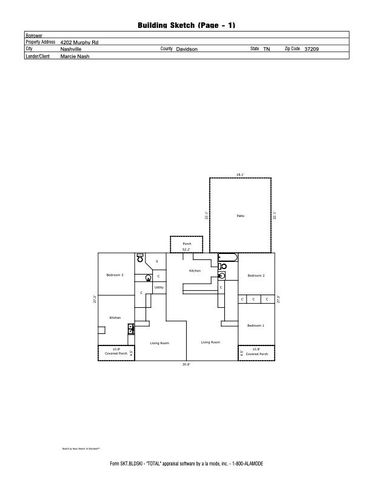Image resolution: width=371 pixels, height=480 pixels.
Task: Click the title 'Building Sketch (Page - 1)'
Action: pos(185,22)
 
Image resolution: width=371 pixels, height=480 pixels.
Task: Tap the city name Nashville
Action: pos(71,48)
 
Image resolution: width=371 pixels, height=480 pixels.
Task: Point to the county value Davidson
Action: pos(187,48)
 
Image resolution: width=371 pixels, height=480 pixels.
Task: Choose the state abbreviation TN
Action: pos(267,48)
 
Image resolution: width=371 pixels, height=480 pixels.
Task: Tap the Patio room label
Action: pos(240,215)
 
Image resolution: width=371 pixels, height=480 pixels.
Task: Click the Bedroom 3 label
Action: pos(116,274)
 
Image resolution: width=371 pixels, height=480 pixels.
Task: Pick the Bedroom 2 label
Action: pos(255,274)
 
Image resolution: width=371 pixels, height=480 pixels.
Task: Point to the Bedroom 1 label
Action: pos(255,325)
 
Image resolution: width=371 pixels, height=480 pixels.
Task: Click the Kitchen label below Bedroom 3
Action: pos(115,317)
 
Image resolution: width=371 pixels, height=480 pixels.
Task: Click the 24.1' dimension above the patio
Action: pos(240,176)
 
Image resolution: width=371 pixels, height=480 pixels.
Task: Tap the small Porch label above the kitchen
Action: pos(185,243)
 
